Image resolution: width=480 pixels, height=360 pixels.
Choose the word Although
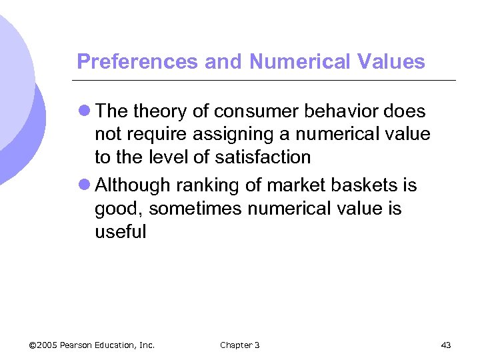tap(133, 186)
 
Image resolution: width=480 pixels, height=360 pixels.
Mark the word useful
tap(120, 232)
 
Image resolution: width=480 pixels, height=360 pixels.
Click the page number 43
tap(446, 345)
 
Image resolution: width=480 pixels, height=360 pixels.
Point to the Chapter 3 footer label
tap(239, 345)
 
